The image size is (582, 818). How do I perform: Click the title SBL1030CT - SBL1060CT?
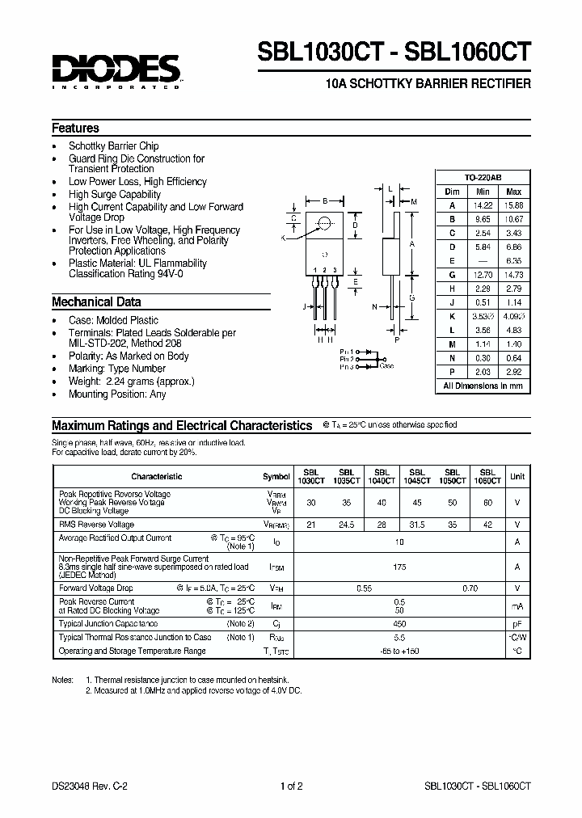(x=394, y=52)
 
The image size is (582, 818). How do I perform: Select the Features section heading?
(x=75, y=128)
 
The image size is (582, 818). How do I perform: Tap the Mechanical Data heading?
(x=96, y=301)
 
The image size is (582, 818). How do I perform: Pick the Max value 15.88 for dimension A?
(x=513, y=205)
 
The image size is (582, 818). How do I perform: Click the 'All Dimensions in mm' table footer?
(x=483, y=386)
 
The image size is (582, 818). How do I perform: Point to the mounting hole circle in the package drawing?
(x=324, y=223)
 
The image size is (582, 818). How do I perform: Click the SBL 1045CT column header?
(x=417, y=476)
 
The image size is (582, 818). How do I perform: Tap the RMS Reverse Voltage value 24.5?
(x=346, y=524)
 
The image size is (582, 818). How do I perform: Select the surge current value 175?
(x=399, y=567)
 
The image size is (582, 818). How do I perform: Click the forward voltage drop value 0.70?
(x=470, y=588)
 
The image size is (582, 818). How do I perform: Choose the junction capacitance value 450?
(x=399, y=624)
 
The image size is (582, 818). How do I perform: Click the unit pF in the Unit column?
(x=517, y=624)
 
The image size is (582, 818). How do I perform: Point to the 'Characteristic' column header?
(x=156, y=476)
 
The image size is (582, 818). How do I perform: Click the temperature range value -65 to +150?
(x=399, y=650)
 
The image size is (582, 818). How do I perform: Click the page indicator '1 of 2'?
(x=290, y=785)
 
